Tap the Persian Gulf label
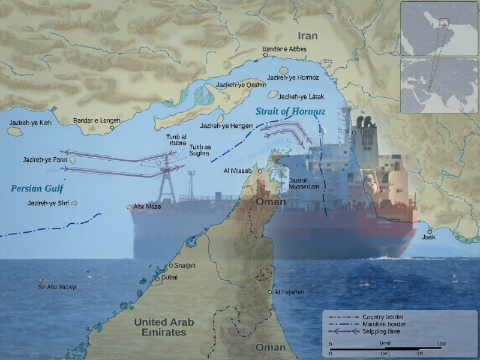[37, 188]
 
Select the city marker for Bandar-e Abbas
[265, 55]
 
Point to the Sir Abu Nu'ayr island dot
[41, 280]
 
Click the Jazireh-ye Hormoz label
[293, 78]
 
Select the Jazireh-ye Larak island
[273, 94]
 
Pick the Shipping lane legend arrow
[343, 331]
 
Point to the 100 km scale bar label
[440, 343]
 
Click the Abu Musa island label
[147, 206]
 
